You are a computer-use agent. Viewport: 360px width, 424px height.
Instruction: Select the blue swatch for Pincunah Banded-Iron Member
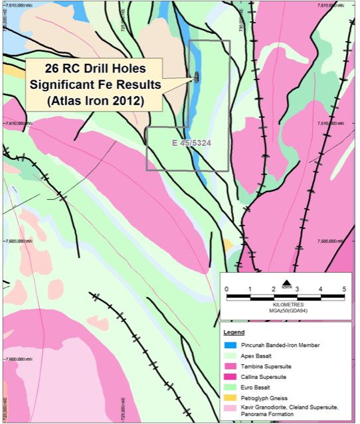tap(230, 345)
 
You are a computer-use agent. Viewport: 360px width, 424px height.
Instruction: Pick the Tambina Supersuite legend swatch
tap(230, 366)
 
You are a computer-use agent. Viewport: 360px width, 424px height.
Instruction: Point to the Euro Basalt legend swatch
tap(230, 387)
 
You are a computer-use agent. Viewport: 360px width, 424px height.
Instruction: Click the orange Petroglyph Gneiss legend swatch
tap(230, 397)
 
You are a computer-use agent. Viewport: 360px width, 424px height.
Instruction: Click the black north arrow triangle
tap(286, 284)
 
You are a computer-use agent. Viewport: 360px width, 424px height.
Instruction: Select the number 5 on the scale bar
tap(344, 289)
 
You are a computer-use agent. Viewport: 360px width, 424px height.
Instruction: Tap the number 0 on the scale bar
tap(226, 289)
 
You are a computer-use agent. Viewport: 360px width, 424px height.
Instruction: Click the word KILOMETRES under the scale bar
tap(286, 305)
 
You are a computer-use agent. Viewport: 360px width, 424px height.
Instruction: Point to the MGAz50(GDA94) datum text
tap(286, 310)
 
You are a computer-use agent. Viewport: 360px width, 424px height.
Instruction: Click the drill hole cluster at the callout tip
tap(197, 78)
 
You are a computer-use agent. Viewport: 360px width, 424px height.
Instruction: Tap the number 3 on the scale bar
tap(297, 289)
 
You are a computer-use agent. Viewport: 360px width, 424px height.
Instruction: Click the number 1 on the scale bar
tap(250, 289)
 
